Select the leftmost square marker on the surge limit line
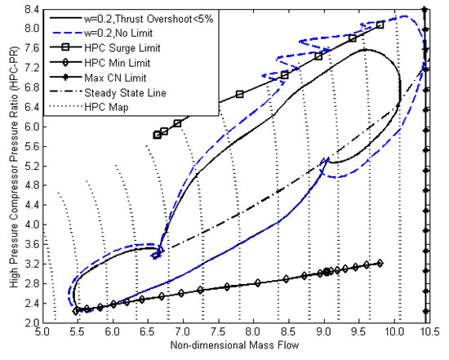click(x=158, y=135)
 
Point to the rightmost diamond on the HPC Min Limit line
click(x=380, y=262)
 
